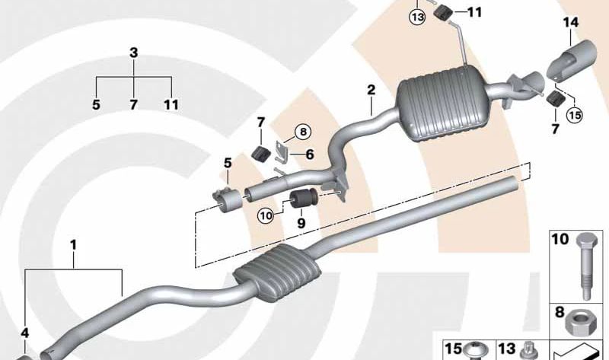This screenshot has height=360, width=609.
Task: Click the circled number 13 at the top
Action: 417,17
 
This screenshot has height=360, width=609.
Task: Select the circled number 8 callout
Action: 303,132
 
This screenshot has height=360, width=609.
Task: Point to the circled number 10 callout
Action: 266,216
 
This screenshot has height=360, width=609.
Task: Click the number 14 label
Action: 570,23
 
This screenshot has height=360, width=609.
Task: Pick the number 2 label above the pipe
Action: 371,90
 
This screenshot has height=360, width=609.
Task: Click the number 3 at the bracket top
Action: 134,53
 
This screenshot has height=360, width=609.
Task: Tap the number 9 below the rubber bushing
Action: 301,223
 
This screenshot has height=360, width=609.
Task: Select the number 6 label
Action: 310,155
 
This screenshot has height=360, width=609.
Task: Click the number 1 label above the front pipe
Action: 73,245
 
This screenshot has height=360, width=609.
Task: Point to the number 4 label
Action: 25,333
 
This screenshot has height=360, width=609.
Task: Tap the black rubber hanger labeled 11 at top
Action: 442,14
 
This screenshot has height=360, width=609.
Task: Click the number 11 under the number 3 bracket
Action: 171,104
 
